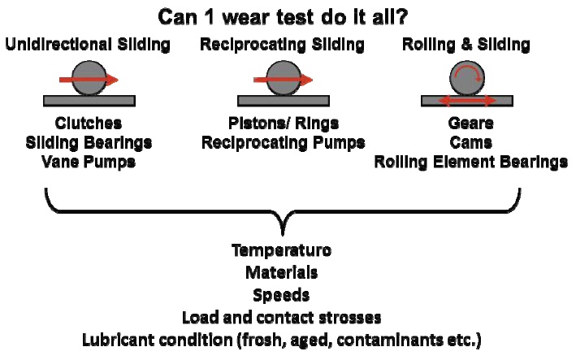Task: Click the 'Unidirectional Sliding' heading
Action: [x=89, y=46]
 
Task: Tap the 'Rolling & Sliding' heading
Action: [x=467, y=46]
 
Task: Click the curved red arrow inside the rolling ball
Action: [x=468, y=76]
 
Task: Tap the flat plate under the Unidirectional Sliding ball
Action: [x=89, y=101]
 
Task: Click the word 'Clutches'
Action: [x=89, y=124]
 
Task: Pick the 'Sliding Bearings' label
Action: [x=89, y=143]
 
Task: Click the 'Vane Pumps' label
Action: [x=89, y=162]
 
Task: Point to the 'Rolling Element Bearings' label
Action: [x=470, y=162]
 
